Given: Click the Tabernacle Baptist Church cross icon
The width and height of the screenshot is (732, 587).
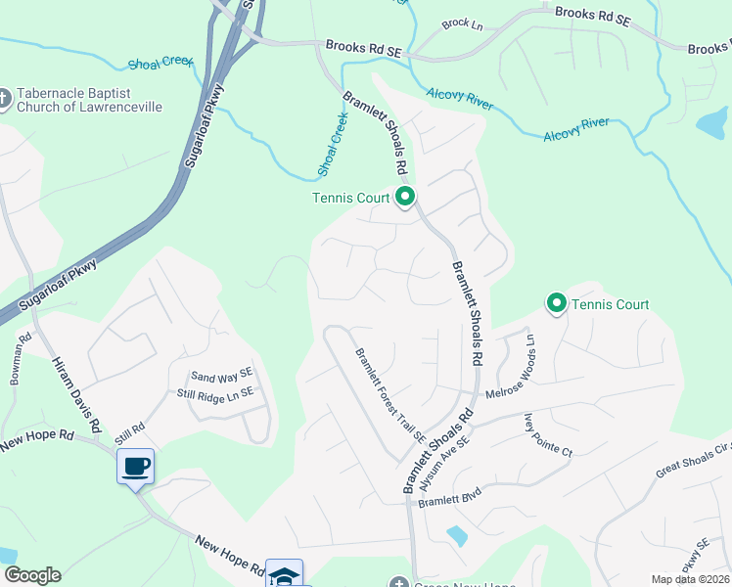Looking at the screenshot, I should click(4, 97).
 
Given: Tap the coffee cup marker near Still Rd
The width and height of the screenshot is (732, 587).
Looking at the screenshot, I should click(135, 466).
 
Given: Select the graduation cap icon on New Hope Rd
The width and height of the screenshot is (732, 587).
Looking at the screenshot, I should click(284, 575).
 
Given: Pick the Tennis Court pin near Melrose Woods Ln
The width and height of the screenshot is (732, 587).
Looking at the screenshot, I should click(557, 304).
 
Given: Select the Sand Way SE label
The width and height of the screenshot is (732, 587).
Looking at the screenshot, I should click(222, 376).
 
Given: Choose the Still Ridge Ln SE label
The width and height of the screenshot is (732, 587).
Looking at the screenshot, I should click(214, 392).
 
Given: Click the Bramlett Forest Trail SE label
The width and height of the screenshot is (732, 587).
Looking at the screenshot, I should click(389, 395).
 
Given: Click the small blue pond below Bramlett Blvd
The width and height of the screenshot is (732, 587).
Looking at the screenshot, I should click(455, 535).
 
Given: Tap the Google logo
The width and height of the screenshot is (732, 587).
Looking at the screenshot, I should click(32, 575).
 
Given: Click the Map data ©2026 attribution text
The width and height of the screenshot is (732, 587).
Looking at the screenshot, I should click(690, 579).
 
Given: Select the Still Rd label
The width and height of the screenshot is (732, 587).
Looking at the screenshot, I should click(129, 428).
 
